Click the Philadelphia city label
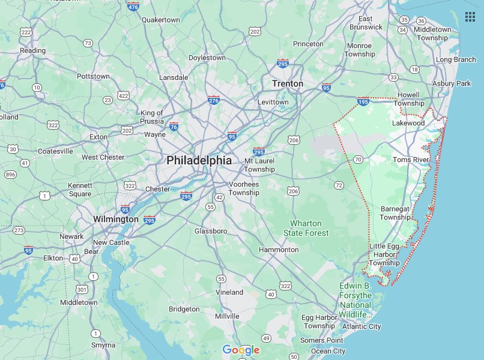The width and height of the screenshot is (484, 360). pos(199,160)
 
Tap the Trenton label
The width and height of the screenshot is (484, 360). pos(288,83)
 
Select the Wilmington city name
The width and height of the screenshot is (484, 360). pos(116,219)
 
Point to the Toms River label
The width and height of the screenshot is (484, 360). pos(411,160)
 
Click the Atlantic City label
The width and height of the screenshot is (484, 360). pos(361,326)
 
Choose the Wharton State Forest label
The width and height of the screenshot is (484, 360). pos(306,228)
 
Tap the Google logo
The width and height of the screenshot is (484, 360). pos(241,350)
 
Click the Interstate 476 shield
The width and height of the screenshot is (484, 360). pos(133,6)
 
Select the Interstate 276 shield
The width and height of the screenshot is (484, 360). pos(214,100)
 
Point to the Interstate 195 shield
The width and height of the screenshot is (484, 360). pos(363,101)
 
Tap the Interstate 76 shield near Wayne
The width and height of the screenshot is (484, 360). pos(174,127)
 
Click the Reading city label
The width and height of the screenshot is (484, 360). pos(32,50)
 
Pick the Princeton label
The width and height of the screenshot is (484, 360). pos(308,44)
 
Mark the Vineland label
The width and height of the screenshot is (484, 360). pos(229,292)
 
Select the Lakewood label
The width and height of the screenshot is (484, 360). pos(408,123)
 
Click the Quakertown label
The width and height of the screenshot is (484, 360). pos(160,20)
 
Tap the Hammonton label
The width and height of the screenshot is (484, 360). pos(279,250)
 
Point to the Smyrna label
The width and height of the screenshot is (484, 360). pos(103,345)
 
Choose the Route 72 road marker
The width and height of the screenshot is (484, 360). pos(339,185)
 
